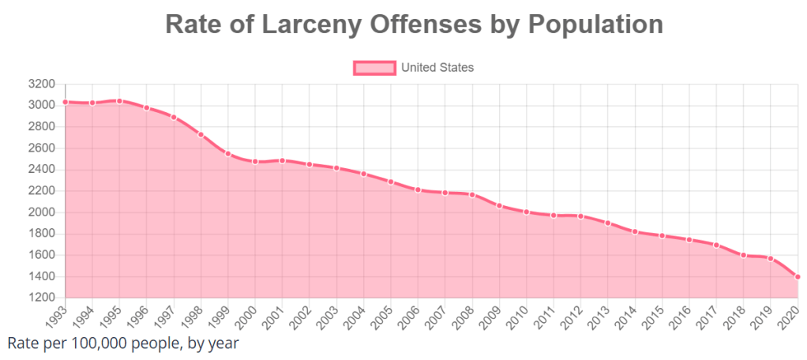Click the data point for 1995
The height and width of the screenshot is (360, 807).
tap(119, 101)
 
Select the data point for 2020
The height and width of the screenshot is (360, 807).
tap(798, 276)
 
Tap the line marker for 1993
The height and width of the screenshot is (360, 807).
tap(66, 102)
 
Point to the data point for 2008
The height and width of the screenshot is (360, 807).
tap(472, 194)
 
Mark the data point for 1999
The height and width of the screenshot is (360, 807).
tap(228, 153)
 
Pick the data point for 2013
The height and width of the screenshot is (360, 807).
tap(608, 223)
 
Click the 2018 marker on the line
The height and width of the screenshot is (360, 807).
tap(743, 255)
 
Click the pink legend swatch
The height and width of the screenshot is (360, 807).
tap(373, 68)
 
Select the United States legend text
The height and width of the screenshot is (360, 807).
tap(437, 68)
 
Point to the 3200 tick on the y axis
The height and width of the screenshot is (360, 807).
tap(41, 84)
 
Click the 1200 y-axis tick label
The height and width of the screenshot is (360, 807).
tap(41, 298)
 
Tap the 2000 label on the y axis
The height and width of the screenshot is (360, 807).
tap(41, 212)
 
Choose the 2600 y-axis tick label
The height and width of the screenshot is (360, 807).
tap(41, 148)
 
